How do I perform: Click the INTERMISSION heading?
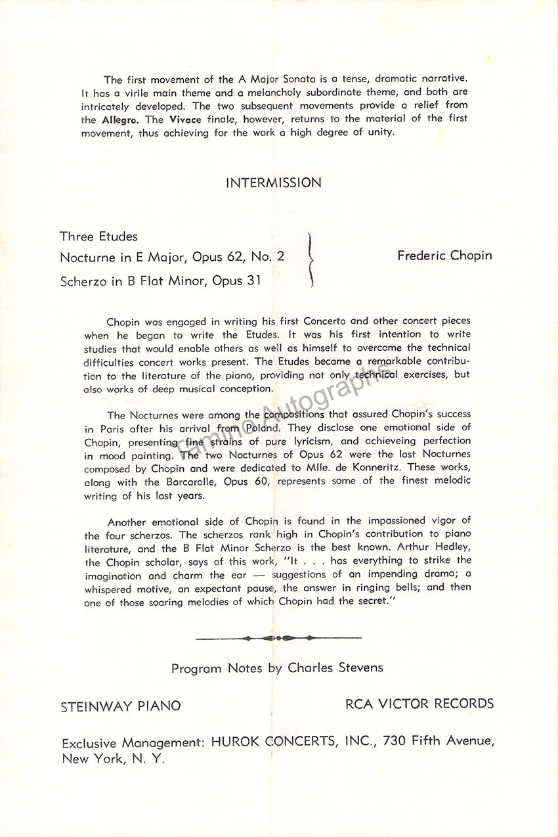(274, 183)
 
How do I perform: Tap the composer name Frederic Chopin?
(444, 256)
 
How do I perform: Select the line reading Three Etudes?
(98, 236)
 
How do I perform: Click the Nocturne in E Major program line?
(172, 256)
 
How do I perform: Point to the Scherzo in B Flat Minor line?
(160, 281)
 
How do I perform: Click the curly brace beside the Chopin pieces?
(311, 260)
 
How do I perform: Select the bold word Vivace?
(183, 120)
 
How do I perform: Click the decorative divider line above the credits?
(278, 637)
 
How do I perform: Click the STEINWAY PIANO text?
(121, 707)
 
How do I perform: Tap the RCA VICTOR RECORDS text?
(419, 704)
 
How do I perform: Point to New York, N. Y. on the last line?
(114, 759)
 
